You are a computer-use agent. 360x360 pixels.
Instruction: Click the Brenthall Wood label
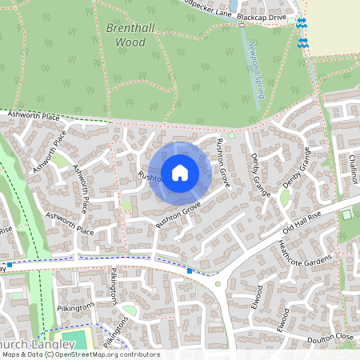pos(126,34)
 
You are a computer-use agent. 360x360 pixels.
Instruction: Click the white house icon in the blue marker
pos(180,172)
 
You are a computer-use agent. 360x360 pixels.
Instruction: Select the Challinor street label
pos(353,169)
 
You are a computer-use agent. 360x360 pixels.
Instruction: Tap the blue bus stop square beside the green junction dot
pos(190,271)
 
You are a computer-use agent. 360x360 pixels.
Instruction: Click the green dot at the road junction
pos(218,283)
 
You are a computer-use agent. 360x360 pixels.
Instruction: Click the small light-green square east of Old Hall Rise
pos(346,214)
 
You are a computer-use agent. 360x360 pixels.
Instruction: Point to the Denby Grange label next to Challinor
pos(301,170)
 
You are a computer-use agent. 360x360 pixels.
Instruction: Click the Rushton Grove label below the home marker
pos(179,217)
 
